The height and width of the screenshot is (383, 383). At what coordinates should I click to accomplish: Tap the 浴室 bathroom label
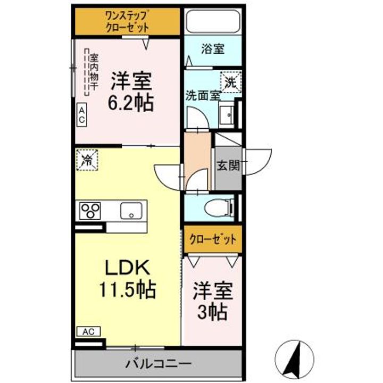[212, 49]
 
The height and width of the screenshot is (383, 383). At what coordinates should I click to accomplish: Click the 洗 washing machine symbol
[230, 82]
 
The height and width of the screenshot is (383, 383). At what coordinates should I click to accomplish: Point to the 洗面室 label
[203, 96]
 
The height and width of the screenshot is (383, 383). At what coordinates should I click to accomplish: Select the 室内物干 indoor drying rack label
[93, 73]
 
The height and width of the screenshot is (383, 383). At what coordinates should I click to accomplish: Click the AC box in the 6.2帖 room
[82, 116]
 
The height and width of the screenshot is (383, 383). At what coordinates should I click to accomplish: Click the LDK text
[126, 268]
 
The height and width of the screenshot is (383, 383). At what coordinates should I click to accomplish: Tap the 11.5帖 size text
[126, 290]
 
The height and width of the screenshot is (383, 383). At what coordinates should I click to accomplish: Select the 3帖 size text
[213, 312]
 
